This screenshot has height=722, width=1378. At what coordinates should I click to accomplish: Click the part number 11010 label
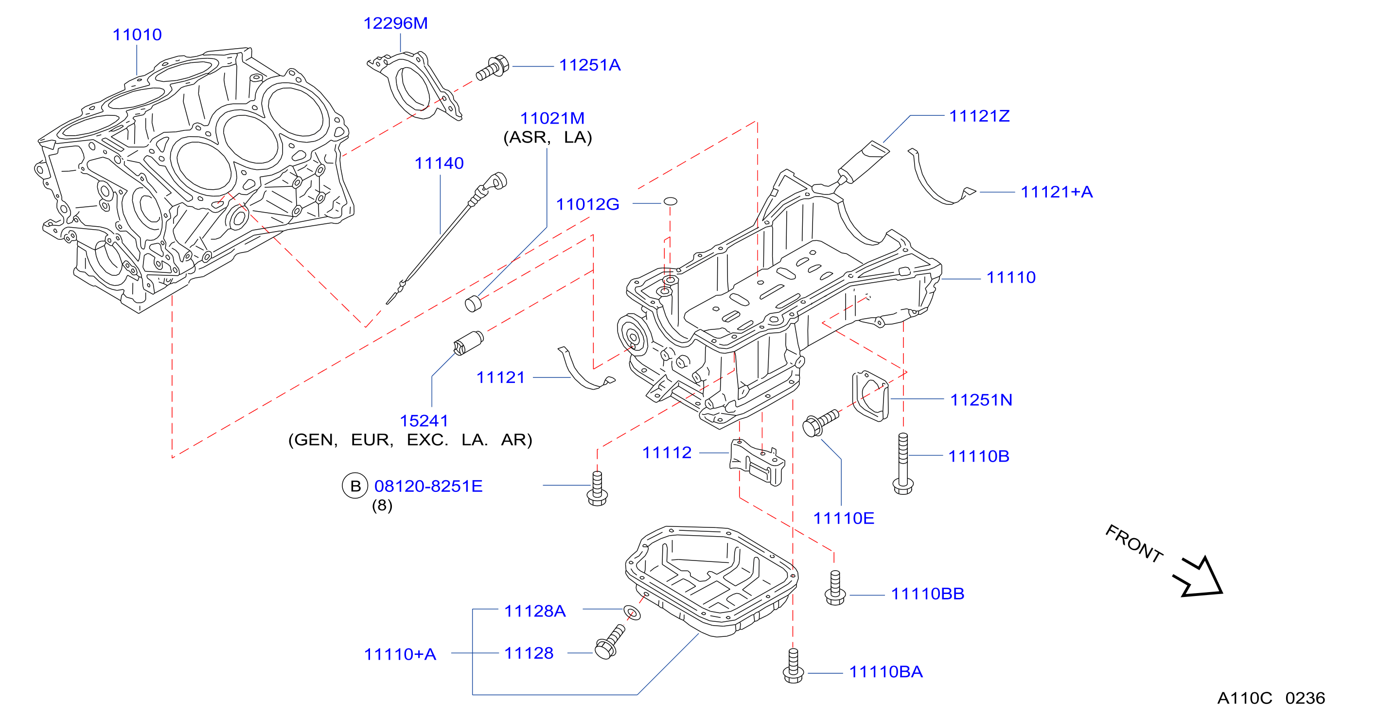coord(137,35)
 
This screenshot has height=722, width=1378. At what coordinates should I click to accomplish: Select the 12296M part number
coord(395,23)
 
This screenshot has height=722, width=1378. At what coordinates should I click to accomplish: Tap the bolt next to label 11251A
coord(492,68)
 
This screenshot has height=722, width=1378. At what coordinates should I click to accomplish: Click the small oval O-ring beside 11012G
coord(670,201)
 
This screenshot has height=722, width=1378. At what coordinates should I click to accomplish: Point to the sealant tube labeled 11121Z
coord(863,162)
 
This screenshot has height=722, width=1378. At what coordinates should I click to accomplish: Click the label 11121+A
coord(1057,192)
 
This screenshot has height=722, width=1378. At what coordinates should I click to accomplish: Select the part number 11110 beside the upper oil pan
coord(1011,277)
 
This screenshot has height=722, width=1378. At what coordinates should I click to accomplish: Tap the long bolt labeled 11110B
coord(903,464)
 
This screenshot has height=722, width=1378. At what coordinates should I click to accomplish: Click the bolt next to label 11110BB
coord(835,588)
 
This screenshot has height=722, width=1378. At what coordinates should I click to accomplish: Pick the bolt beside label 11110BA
coord(794,666)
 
